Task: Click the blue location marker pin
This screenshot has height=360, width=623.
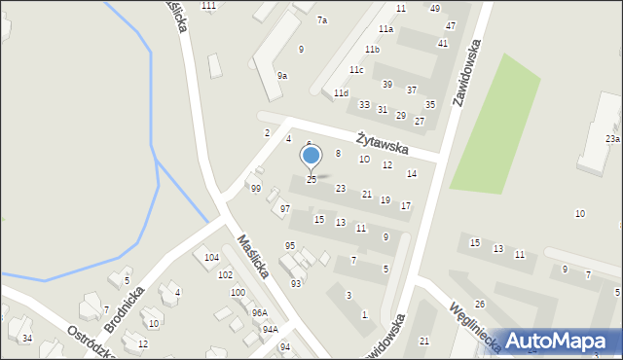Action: pyautogui.click(x=311, y=156)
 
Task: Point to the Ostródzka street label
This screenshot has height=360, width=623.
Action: pyautogui.click(x=87, y=342)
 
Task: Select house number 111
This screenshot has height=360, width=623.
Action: pyautogui.click(x=209, y=6)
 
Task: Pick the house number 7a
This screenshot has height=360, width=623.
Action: pyautogui.click(x=322, y=20)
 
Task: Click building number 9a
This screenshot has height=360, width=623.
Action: pyautogui.click(x=281, y=76)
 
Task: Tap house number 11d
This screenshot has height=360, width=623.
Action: pyautogui.click(x=340, y=93)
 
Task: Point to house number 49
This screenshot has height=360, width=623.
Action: pyautogui.click(x=435, y=8)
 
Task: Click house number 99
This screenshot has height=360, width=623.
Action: pyautogui.click(x=256, y=188)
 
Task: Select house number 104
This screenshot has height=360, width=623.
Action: pyautogui.click(x=211, y=257)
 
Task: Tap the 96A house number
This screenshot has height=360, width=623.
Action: pyautogui.click(x=259, y=313)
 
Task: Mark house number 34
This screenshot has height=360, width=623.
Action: pyautogui.click(x=27, y=339)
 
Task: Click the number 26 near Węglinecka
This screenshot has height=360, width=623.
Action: pyautogui.click(x=480, y=305)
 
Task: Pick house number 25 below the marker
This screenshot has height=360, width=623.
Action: pyautogui.click(x=311, y=179)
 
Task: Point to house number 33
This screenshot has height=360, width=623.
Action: pyautogui.click(x=364, y=104)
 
